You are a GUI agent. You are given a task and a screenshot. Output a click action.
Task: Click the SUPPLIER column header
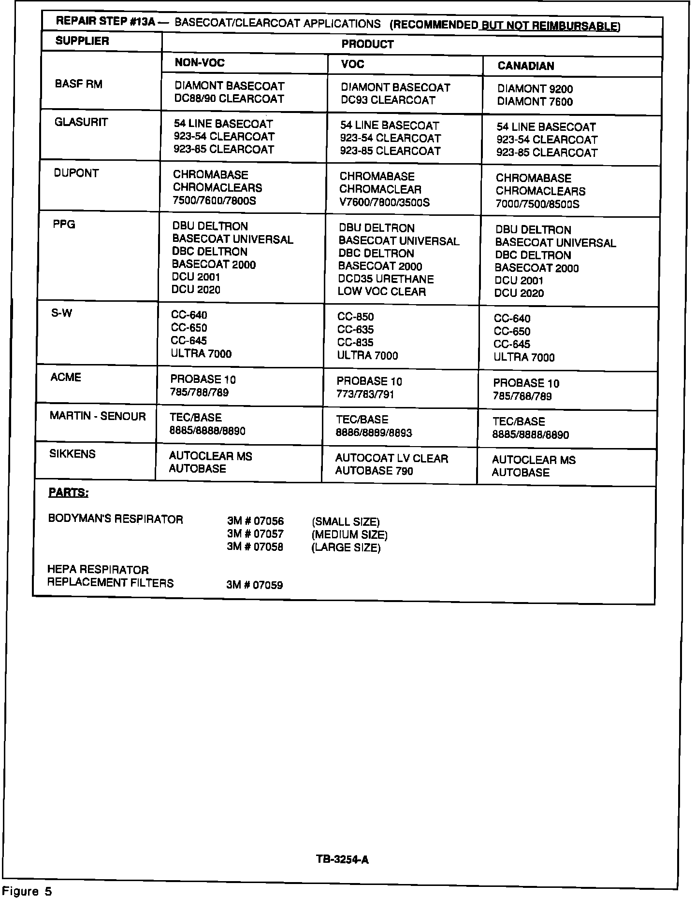tap(82, 41)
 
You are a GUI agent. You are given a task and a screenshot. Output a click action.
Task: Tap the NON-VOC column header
tap(200, 63)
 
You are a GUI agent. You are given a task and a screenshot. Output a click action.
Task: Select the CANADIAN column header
tap(525, 66)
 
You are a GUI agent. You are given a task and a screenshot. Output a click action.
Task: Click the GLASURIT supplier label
tap(81, 122)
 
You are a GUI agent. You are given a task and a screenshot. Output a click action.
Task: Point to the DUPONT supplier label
tap(76, 173)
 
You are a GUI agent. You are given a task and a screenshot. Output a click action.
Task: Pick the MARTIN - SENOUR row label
tap(97, 416)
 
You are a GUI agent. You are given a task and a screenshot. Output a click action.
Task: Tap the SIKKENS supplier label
tap(72, 454)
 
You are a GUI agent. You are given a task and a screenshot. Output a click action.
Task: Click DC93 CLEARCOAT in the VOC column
tap(388, 100)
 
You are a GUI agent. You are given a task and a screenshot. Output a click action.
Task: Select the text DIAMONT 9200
tap(535, 89)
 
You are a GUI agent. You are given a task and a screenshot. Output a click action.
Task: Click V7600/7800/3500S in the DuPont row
tap(384, 202)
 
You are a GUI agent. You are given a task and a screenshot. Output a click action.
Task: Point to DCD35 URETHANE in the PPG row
tap(386, 279)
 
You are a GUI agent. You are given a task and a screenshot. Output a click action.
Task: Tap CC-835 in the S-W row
tap(355, 343)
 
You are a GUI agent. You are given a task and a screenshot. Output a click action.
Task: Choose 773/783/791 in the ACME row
tap(365, 394)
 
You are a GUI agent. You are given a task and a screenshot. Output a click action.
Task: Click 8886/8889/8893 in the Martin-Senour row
tap(374, 433)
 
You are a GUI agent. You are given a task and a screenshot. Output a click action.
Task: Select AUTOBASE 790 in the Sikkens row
tap(374, 471)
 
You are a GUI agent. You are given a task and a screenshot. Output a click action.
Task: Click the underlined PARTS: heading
tap(68, 493)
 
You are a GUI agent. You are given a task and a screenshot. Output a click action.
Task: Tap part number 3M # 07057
tap(255, 534)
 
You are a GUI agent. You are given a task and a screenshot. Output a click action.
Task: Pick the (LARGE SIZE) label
tap(346, 547)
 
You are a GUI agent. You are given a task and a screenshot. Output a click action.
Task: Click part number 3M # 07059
tap(254, 585)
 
